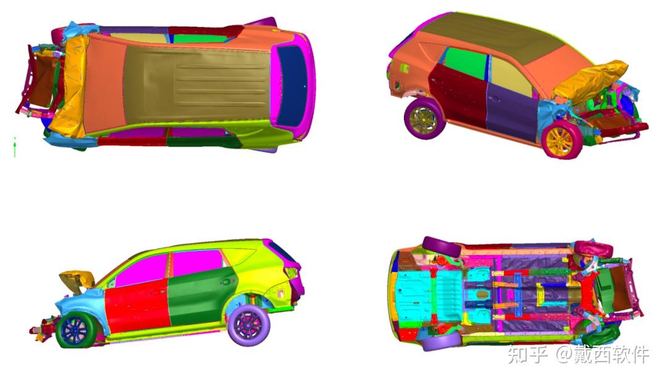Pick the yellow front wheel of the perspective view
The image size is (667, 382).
coord(561,140)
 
